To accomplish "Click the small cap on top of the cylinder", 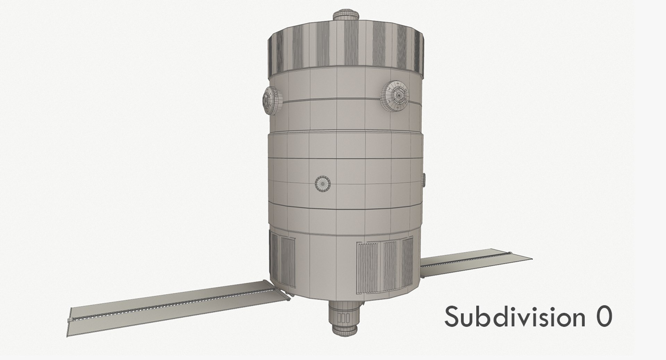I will tap(345, 16).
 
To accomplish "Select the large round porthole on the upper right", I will tap(396, 96).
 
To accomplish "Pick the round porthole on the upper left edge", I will tap(269, 100).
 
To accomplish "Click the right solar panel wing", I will tap(475, 264).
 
